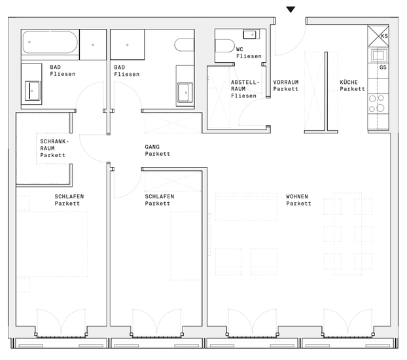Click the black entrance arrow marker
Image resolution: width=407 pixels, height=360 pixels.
[x=291, y=10]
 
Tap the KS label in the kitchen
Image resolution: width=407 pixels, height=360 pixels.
[x=384, y=36]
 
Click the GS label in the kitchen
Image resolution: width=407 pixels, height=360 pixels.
[x=383, y=67]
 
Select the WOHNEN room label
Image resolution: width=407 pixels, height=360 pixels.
[x=297, y=196]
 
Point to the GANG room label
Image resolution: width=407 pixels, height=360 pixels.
[x=152, y=147]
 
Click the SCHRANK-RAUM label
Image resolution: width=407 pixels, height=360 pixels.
[x=54, y=145]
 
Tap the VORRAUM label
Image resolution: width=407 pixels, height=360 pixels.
[x=286, y=82]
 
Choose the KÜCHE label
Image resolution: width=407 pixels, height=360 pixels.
[x=349, y=82]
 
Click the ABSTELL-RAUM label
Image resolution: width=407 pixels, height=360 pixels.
[x=245, y=86]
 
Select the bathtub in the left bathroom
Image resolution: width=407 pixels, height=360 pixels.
[x=50, y=43]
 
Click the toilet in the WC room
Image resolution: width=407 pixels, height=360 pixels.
[x=225, y=46]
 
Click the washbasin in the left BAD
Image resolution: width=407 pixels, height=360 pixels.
[x=33, y=90]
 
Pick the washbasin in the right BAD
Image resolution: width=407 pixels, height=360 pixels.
[x=185, y=92]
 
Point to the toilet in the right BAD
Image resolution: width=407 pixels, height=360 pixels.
[x=185, y=45]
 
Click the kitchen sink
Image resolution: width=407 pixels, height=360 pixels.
[x=378, y=56]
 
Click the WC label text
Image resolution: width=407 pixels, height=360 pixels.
[x=239, y=49]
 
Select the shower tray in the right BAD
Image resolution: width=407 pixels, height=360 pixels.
[x=128, y=45]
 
